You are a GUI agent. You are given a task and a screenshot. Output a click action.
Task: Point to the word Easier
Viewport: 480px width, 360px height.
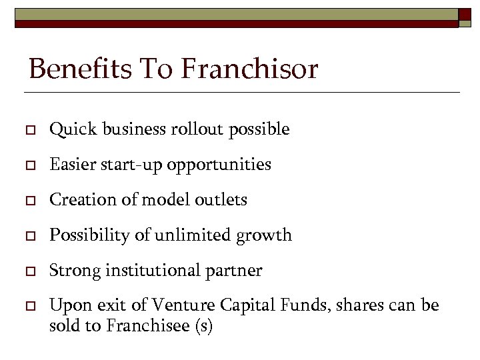72,164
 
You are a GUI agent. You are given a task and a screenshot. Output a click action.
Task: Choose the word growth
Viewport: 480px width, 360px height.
268,235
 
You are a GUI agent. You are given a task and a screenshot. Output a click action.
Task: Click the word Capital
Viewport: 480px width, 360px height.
239,306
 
